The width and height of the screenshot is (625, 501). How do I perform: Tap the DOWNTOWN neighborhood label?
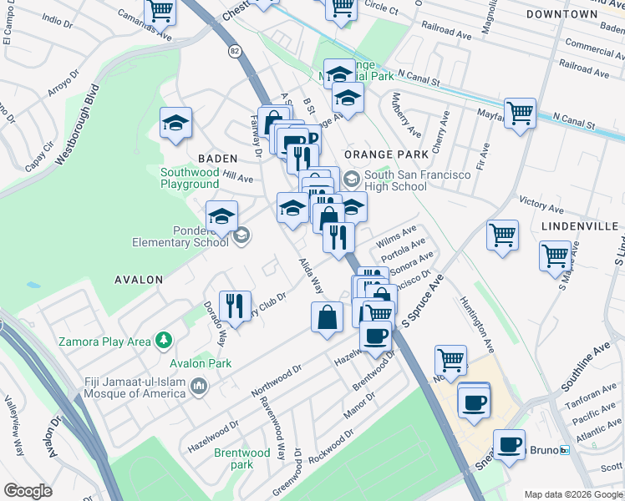point(562,14)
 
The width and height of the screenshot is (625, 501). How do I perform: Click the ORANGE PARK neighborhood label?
point(385,154)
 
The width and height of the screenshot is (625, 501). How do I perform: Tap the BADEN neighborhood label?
point(218,158)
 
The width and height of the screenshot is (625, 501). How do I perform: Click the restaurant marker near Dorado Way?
point(235,306)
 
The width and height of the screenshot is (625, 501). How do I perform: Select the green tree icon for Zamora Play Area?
point(165,341)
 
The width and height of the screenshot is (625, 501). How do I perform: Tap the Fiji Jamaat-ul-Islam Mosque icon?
point(199,386)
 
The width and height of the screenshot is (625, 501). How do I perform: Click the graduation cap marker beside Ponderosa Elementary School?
point(221,216)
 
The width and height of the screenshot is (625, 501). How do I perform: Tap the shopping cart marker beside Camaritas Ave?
point(160,13)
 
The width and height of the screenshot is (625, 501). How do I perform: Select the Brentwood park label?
point(233,458)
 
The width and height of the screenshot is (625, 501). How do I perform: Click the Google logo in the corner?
point(28,491)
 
